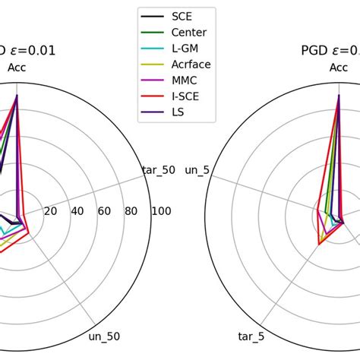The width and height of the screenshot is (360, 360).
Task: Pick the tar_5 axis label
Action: (x=251, y=336)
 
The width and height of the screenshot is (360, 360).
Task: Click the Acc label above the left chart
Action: (x=17, y=68)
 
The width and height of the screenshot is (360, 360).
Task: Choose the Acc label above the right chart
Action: (x=339, y=68)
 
